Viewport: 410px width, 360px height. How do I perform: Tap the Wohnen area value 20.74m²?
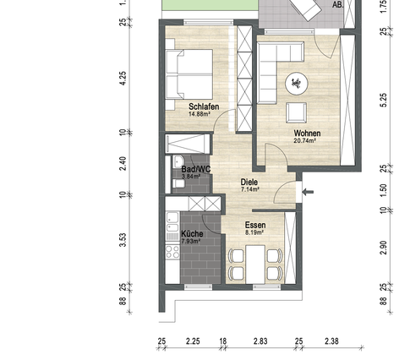(x=304, y=141)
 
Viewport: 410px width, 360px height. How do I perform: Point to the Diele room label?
(x=249, y=182)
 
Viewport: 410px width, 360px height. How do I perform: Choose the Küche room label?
(x=192, y=234)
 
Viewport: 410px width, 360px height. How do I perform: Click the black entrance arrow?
(x=309, y=193)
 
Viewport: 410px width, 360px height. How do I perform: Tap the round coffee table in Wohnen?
(x=298, y=82)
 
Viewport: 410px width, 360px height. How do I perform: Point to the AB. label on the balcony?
(x=338, y=4)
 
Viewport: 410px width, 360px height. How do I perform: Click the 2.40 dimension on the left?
(x=123, y=163)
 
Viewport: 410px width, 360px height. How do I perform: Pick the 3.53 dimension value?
(x=123, y=239)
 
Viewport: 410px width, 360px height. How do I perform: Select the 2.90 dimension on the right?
(x=383, y=246)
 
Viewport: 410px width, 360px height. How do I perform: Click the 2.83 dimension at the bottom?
(x=260, y=342)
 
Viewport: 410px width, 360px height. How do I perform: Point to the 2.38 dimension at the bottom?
(x=331, y=342)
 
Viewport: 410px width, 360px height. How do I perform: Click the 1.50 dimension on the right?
(x=383, y=188)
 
